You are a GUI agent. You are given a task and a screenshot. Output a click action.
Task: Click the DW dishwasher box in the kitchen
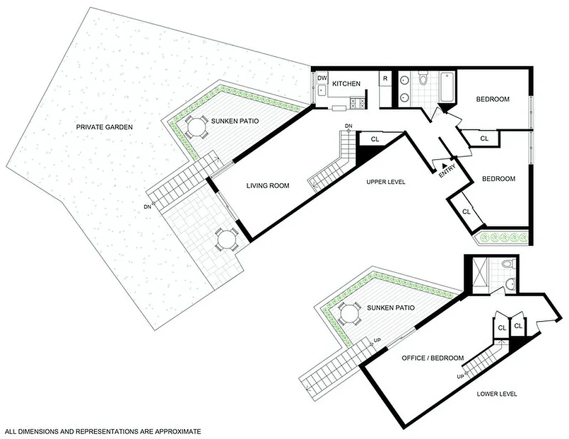click(321, 78)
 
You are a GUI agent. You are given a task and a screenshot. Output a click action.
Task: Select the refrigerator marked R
click(385, 78)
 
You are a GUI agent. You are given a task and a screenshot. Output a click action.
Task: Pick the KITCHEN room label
click(346, 83)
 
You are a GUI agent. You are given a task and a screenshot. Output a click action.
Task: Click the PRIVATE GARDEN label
click(104, 127)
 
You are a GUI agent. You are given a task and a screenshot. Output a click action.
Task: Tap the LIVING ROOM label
click(267, 185)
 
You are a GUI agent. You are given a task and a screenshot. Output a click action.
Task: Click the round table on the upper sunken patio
click(196, 128)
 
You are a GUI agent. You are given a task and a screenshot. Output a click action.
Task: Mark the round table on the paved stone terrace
click(225, 239)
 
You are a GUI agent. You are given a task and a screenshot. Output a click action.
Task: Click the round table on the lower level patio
click(349, 314)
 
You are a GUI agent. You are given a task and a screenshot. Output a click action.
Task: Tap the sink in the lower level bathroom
click(511, 283)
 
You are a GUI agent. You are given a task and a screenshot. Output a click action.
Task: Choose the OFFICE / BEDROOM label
click(432, 358)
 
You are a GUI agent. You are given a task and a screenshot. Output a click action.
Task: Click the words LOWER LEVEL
click(497, 394)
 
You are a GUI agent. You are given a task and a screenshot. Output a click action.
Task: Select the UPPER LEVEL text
click(386, 182)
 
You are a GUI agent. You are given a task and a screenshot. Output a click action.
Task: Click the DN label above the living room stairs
click(348, 127)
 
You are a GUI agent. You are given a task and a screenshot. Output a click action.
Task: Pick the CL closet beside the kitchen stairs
click(375, 139)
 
